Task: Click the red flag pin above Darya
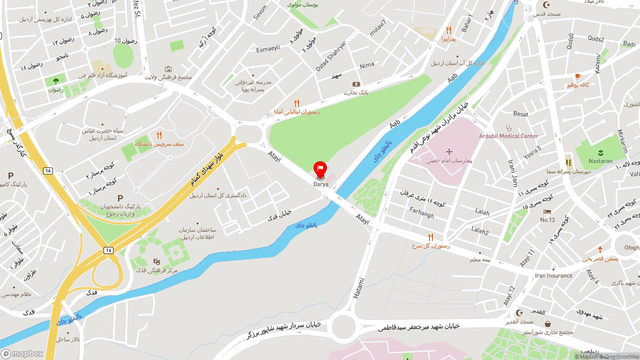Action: pos(320,168)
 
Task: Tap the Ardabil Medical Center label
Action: pos(508,136)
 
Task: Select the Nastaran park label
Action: pos(600,161)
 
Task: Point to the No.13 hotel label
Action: pos(547,220)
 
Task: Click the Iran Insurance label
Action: pos(553,275)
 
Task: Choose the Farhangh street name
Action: pos(421,212)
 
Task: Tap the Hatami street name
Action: pos(359,288)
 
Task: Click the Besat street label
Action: pos(520,114)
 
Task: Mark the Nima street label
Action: pos(366,65)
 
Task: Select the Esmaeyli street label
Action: pos(268,48)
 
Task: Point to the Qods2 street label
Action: pos(596,39)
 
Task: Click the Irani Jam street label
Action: pos(512,172)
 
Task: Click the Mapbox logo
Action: pos(22,353)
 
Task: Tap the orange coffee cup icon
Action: pos(577,76)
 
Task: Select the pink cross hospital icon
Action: pos(449,151)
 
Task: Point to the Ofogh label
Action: pos(631,247)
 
